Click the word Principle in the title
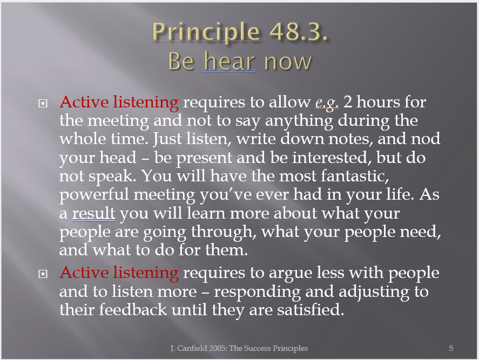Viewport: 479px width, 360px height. [206, 32]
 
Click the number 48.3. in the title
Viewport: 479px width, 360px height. [299, 31]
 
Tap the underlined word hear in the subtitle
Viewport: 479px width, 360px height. [229, 61]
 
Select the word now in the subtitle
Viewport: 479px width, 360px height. [288, 62]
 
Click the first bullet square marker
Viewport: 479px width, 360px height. [43, 104]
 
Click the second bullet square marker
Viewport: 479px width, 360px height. [43, 274]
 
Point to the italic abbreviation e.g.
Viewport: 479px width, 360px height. [327, 103]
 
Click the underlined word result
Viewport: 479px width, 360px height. [93, 213]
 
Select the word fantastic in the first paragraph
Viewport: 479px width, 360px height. [355, 176]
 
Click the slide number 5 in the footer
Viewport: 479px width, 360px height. [451, 348]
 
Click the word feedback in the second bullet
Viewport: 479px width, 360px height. [133, 310]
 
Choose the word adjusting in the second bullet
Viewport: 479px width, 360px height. [374, 292]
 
